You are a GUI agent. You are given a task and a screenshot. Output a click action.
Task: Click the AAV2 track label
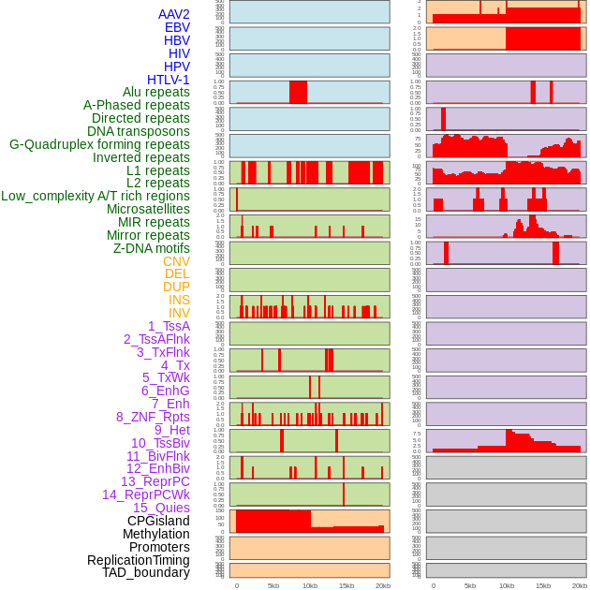click(x=174, y=14)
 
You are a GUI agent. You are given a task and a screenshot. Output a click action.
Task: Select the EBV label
click(x=177, y=27)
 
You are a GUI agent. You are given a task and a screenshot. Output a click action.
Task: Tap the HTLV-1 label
click(x=169, y=80)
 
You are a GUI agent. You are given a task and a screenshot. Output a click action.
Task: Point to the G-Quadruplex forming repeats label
click(x=99, y=144)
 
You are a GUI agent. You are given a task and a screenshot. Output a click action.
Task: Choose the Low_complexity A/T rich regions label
click(x=96, y=196)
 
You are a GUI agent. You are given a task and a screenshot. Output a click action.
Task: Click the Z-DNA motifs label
click(x=152, y=248)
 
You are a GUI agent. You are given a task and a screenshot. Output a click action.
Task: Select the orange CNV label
click(x=176, y=261)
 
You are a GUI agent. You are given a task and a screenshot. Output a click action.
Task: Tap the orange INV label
click(x=179, y=313)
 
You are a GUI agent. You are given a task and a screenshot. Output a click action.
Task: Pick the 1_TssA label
click(x=169, y=326)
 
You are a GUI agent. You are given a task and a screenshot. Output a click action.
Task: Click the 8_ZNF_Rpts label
click(x=153, y=417)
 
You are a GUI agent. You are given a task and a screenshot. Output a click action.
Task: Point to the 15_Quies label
click(x=161, y=508)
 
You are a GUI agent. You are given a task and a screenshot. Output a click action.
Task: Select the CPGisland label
click(x=158, y=521)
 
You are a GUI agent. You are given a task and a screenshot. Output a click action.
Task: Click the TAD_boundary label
click(x=146, y=572)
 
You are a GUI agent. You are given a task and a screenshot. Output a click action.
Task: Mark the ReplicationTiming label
click(x=139, y=560)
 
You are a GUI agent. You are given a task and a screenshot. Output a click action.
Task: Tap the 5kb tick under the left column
click(x=273, y=585)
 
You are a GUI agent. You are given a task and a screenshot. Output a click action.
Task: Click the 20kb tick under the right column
click(x=580, y=585)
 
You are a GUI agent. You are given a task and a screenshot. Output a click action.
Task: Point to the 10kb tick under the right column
click(x=507, y=585)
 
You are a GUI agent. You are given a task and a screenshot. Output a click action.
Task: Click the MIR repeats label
click(x=154, y=222)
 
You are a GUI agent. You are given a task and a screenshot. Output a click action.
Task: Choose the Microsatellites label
click(x=148, y=209)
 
